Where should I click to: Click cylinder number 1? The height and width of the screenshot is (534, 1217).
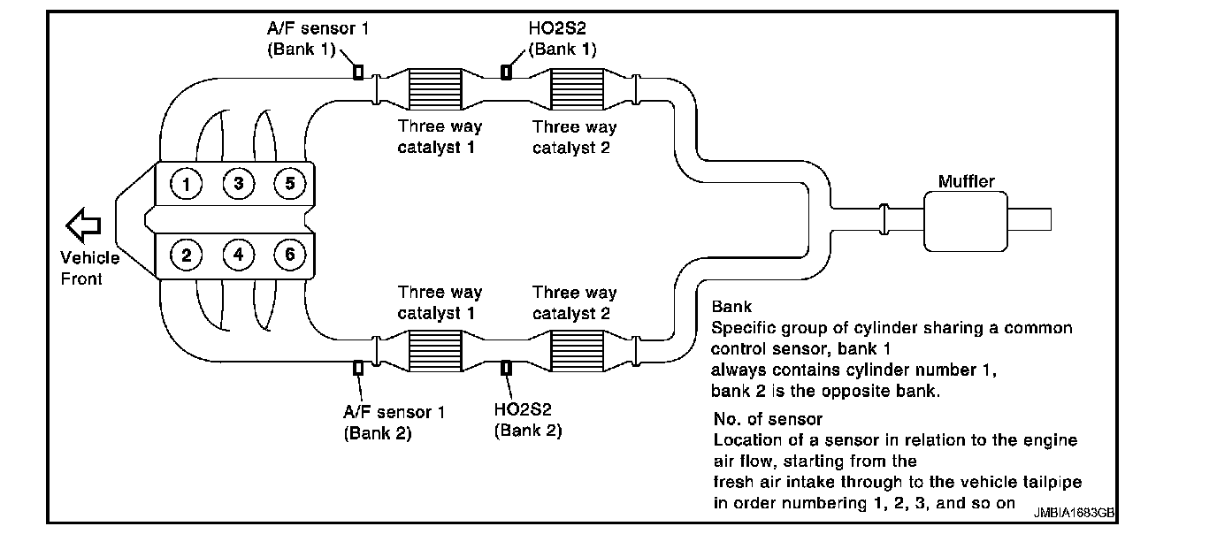(x=187, y=185)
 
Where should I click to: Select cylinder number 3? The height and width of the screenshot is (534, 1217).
(x=238, y=185)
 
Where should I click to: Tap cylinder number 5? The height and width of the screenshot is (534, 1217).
(x=289, y=185)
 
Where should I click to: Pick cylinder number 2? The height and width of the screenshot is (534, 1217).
(x=187, y=256)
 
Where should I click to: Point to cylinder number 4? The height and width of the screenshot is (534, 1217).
(x=238, y=256)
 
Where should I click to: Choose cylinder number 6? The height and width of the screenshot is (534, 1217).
(x=289, y=256)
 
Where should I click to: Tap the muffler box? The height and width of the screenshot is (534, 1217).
(x=967, y=221)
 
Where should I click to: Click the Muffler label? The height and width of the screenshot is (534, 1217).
(x=966, y=182)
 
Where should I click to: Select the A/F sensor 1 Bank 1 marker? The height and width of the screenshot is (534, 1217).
(x=358, y=72)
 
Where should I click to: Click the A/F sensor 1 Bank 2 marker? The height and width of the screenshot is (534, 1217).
(x=358, y=368)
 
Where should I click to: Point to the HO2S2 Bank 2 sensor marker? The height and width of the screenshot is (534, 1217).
(x=507, y=368)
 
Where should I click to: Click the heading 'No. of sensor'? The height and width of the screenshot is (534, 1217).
(x=768, y=418)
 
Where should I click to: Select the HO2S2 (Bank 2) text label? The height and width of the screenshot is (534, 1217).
(x=528, y=422)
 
